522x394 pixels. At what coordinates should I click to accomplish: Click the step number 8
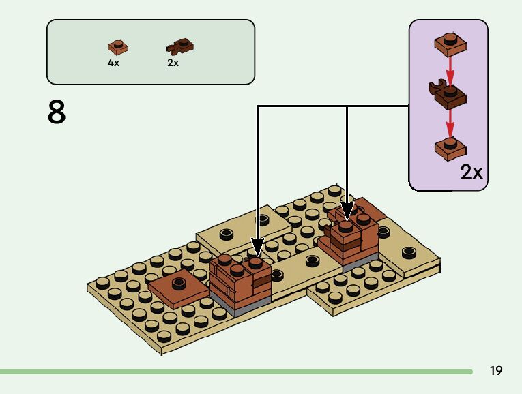point(57,112)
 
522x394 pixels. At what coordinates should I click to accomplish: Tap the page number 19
point(496,371)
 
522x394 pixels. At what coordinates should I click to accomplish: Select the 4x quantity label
point(113,62)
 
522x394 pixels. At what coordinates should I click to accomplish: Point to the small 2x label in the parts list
point(173,62)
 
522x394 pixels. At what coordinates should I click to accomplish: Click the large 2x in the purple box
point(471,172)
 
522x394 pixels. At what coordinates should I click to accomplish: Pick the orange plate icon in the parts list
point(118,47)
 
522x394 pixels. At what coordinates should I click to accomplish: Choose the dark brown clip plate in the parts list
point(179,47)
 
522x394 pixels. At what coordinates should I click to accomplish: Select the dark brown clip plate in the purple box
point(447,94)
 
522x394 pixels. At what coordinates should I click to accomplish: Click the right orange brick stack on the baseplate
point(349,240)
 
